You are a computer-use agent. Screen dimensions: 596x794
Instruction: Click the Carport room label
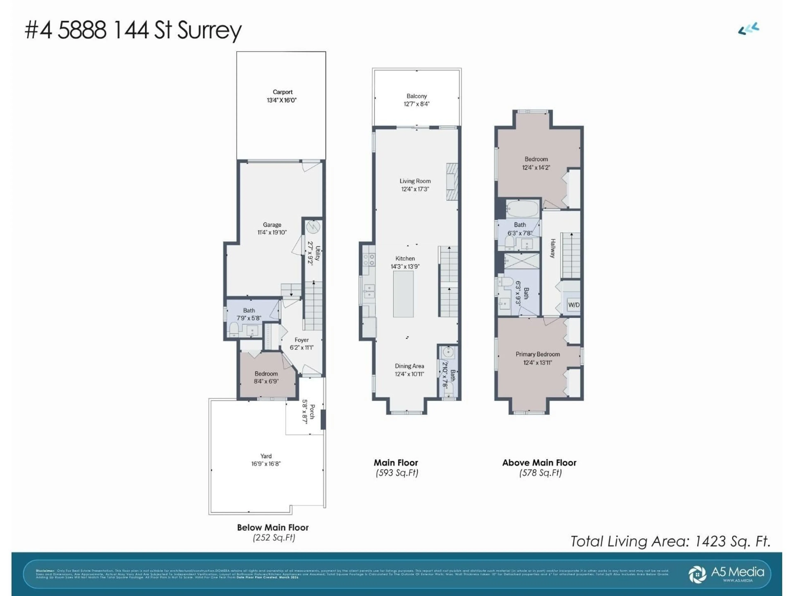click(x=282, y=92)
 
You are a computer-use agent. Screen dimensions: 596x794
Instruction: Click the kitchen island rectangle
click(x=403, y=294)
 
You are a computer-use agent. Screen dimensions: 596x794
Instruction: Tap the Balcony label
click(x=416, y=96)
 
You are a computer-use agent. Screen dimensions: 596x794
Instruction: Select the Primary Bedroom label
click(x=537, y=354)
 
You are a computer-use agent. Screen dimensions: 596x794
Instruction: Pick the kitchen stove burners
click(x=369, y=260)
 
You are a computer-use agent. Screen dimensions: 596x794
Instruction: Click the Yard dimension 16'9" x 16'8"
click(x=266, y=464)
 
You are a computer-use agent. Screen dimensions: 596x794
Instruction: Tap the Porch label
click(x=312, y=411)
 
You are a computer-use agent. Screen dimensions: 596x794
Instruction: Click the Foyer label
click(x=301, y=340)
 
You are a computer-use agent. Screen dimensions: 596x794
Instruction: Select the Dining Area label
click(x=409, y=366)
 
